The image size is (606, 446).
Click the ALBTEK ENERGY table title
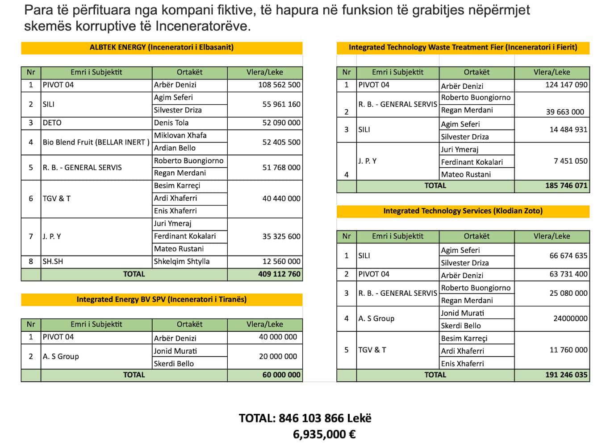coord(161,47)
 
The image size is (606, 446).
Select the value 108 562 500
coord(279,85)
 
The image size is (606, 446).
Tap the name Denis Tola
coord(171,123)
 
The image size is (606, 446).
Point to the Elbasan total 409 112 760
coord(279,274)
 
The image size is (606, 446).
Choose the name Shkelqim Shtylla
coord(181,261)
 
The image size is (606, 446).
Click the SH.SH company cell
coord(53,261)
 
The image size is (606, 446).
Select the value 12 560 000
coord(281,261)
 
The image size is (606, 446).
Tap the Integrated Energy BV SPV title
coord(161,299)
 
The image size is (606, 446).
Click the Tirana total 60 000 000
coord(281,375)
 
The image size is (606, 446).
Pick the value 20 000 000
coord(278,356)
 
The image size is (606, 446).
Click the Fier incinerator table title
coord(463,47)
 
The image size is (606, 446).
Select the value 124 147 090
coord(566,85)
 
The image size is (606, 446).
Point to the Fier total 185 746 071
coord(566,186)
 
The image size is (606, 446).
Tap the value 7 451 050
coord(570,161)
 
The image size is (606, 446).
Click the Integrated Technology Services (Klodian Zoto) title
coord(463,211)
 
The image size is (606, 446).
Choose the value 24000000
coord(570,318)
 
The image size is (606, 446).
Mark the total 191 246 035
coord(566,375)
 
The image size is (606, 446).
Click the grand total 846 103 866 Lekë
coord(305,418)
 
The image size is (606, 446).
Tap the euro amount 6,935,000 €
coord(324,434)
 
